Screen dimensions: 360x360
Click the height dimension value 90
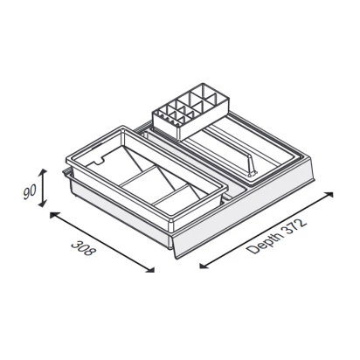point(30,192)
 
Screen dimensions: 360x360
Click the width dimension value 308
point(83,248)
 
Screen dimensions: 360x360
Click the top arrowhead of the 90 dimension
point(43,172)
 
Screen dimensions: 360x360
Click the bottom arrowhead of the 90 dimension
point(43,204)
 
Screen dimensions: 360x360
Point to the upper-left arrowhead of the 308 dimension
point(53,215)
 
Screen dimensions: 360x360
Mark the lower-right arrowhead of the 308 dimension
point(150,270)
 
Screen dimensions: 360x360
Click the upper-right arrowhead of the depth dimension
point(329,194)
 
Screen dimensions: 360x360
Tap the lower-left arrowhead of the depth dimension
point(204,266)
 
